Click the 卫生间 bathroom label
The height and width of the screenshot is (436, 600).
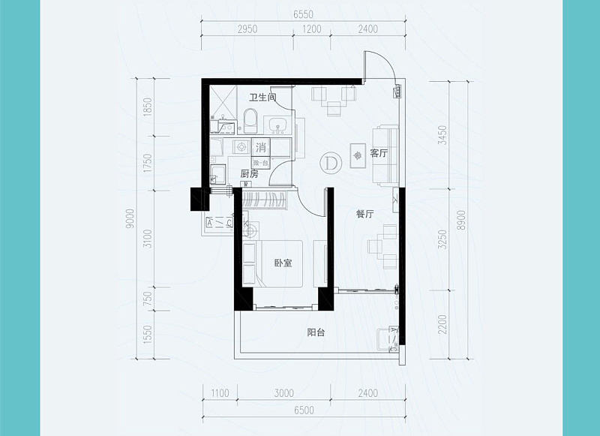(x=262, y=97)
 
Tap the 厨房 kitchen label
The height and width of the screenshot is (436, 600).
(x=249, y=173)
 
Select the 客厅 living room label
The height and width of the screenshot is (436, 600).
(x=379, y=153)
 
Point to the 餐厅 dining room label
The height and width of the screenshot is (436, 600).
(x=364, y=214)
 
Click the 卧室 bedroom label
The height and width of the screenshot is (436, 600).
(x=283, y=263)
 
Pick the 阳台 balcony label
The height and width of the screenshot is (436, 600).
(x=316, y=333)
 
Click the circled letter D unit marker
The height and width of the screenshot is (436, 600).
(x=329, y=161)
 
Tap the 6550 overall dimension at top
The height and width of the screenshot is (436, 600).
(x=303, y=14)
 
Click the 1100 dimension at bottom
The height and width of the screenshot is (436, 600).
(x=220, y=392)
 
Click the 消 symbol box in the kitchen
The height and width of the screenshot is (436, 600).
(x=261, y=146)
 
